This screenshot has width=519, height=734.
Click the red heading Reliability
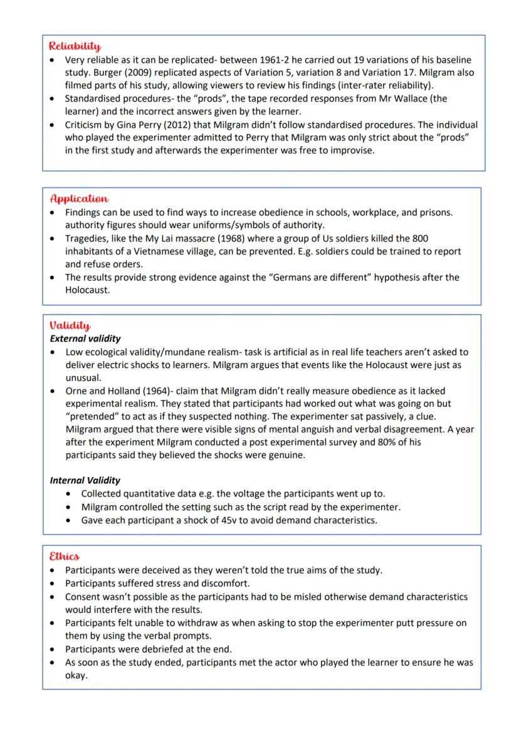tap(75, 46)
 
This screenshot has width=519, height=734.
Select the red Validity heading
tap(70, 325)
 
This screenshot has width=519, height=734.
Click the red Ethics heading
tap(65, 556)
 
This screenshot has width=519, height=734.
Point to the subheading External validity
tap(85, 338)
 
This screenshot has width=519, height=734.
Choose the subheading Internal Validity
tap(85, 480)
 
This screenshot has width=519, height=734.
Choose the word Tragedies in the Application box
tap(87, 238)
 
